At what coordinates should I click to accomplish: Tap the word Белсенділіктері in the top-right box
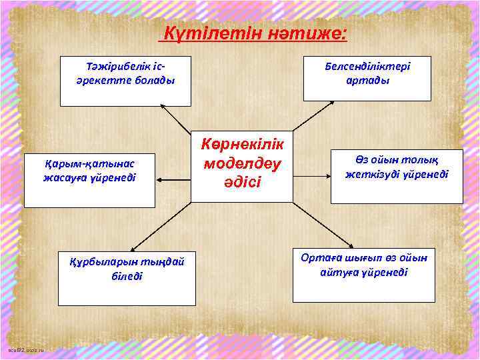point(367,67)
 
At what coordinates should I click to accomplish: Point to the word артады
point(368,81)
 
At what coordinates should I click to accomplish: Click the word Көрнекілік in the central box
point(242,146)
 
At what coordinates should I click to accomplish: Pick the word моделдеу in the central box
point(242,164)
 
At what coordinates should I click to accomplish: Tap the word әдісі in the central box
point(242,182)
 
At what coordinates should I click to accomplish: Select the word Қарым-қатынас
point(89,165)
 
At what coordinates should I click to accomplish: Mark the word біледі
point(127,275)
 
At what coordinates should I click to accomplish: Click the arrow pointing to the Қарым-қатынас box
point(175,179)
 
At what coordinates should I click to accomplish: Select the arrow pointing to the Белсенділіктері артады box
point(313,116)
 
